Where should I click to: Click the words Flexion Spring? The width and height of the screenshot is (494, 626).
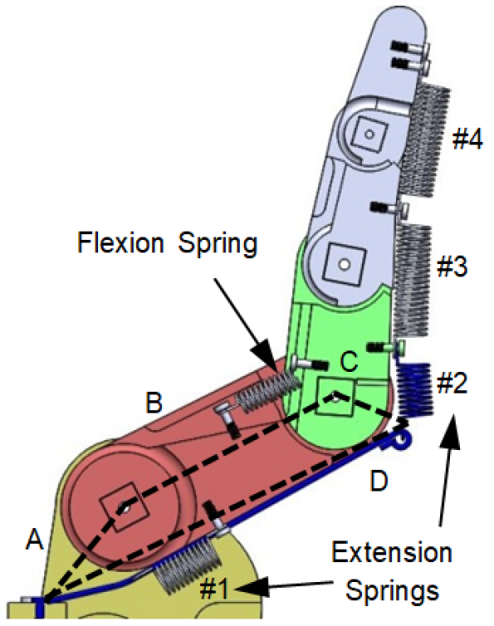coord(167,244)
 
